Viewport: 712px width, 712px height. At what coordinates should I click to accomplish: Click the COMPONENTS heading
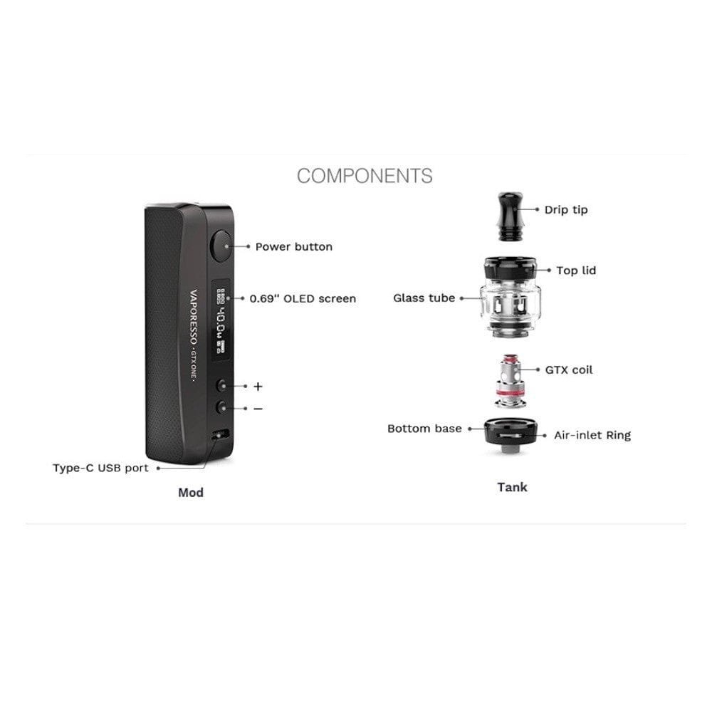pyautogui.click(x=365, y=176)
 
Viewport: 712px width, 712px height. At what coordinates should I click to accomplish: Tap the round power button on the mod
pyautogui.click(x=221, y=246)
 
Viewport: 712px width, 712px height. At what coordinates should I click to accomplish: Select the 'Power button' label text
pyautogui.click(x=294, y=246)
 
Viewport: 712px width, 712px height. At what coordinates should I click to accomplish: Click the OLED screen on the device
pyautogui.click(x=221, y=321)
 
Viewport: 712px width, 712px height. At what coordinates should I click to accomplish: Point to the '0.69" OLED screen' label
pyautogui.click(x=303, y=298)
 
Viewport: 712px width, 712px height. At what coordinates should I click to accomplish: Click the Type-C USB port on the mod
pyautogui.click(x=220, y=434)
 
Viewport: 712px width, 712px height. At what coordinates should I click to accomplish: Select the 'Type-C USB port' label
pyautogui.click(x=101, y=468)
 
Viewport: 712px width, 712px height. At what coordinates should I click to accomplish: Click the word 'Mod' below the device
pyautogui.click(x=191, y=492)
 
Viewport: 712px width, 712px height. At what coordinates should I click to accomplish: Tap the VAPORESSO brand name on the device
pyautogui.click(x=194, y=317)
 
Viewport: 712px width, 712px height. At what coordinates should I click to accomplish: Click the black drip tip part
pyautogui.click(x=511, y=216)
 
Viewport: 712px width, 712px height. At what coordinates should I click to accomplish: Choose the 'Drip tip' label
pyautogui.click(x=566, y=210)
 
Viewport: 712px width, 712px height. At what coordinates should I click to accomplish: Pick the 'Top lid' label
pyautogui.click(x=576, y=270)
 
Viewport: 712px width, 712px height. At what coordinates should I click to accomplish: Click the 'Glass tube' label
pyautogui.click(x=424, y=298)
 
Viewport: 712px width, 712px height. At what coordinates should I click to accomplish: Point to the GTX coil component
pyautogui.click(x=511, y=382)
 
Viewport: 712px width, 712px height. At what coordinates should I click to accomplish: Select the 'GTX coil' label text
pyautogui.click(x=569, y=370)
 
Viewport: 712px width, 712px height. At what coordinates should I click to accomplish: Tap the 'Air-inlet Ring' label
pyautogui.click(x=592, y=435)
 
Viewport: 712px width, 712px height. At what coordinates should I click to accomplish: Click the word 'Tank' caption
pyautogui.click(x=512, y=487)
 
